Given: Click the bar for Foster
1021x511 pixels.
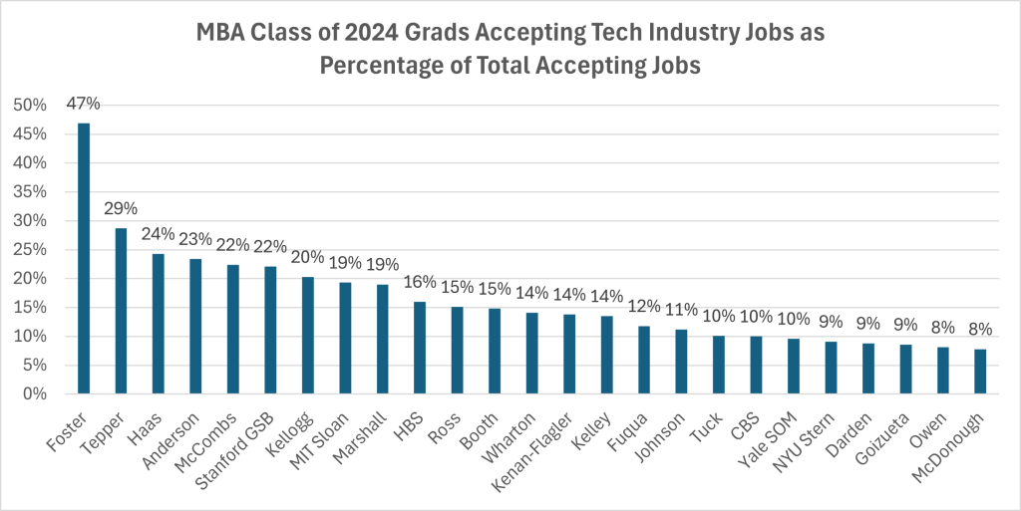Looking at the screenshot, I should [84, 259].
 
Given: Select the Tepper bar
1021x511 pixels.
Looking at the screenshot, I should [121, 311].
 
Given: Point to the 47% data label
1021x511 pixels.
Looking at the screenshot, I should [84, 105].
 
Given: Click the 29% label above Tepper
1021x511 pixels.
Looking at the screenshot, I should [121, 209].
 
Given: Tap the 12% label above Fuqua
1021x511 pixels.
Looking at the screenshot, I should [644, 307].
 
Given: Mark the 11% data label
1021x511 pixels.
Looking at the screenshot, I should [681, 312].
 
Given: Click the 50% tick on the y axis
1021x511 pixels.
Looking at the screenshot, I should [29, 106].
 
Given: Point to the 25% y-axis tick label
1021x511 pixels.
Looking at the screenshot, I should [29, 250].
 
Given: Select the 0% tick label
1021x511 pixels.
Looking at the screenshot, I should [33, 394].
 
